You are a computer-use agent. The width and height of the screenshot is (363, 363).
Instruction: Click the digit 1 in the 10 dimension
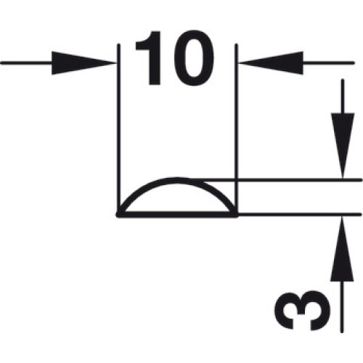click(150, 58)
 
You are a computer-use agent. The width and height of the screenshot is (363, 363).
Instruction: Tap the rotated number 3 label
click(302, 311)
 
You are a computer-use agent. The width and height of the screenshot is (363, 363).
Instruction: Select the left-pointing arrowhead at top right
click(272, 63)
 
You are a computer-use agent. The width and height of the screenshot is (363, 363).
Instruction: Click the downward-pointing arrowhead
click(343, 146)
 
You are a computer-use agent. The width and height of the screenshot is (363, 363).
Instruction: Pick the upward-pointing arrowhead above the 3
click(342, 249)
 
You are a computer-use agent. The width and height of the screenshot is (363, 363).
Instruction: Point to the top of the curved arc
click(176, 180)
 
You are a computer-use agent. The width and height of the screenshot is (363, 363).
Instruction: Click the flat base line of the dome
click(177, 214)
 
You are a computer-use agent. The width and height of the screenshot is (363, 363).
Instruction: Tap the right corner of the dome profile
click(235, 214)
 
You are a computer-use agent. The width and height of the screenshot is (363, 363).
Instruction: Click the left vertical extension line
click(118, 129)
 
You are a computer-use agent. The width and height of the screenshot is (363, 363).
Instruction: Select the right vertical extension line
click(237, 129)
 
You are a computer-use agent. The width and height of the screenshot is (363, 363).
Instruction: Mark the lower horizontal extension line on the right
click(300, 214)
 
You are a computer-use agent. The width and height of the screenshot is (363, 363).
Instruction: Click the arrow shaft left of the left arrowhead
click(27, 63)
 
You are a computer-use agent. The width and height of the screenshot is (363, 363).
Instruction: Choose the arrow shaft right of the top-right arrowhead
click(328, 63)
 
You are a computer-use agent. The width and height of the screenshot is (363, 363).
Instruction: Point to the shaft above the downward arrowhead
click(343, 97)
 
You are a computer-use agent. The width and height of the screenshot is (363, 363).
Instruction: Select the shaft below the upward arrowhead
click(342, 306)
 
